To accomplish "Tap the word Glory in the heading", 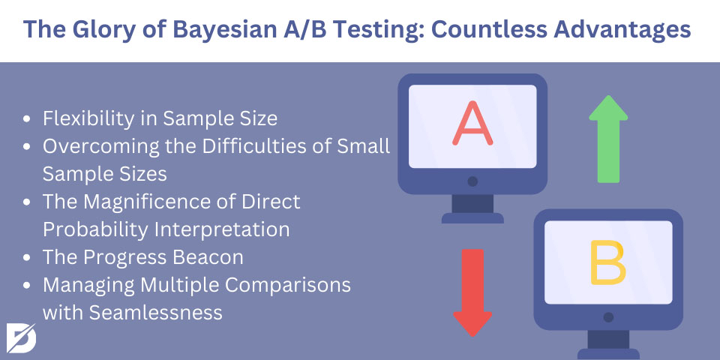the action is (x=105, y=29).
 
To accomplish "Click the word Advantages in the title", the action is (x=622, y=29).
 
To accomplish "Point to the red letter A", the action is (x=472, y=123).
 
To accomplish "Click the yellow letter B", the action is (x=607, y=262).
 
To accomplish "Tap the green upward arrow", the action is (x=608, y=139).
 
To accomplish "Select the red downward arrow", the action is (x=472, y=292).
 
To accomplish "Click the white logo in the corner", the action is (x=21, y=338).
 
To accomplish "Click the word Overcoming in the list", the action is (x=97, y=146).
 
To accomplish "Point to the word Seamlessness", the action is (x=156, y=313).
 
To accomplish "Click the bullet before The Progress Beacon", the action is (x=27, y=258).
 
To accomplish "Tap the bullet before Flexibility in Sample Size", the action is (x=27, y=119).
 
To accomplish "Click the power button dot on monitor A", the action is (x=472, y=181).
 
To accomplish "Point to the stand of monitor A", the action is (x=472, y=209).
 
